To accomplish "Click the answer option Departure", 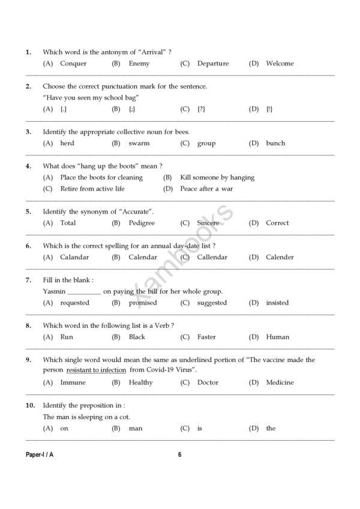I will pyautogui.click(x=212, y=64).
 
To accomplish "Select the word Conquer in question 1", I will pyautogui.click(x=73, y=64).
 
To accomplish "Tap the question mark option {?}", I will pyautogui.click(x=202, y=109).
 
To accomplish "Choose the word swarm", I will pyautogui.click(x=139, y=143).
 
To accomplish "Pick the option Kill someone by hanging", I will pyautogui.click(x=217, y=177).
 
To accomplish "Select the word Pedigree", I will pyautogui.click(x=142, y=223).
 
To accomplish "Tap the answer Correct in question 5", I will pyautogui.click(x=277, y=223).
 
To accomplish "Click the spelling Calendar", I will pyautogui.click(x=143, y=257).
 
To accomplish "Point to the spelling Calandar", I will pyautogui.click(x=74, y=257).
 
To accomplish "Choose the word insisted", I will pyautogui.click(x=277, y=303).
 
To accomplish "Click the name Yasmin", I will pyautogui.click(x=54, y=291).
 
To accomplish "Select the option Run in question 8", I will pyautogui.click(x=67, y=337).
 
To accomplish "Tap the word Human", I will pyautogui.click(x=278, y=337).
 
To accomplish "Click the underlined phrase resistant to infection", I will pyautogui.click(x=96, y=371).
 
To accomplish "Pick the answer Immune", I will pyautogui.click(x=73, y=382).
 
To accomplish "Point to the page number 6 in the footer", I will pyautogui.click(x=179, y=454).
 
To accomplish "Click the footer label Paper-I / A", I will pyautogui.click(x=40, y=454).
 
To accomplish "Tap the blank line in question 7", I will pyautogui.click(x=84, y=293).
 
